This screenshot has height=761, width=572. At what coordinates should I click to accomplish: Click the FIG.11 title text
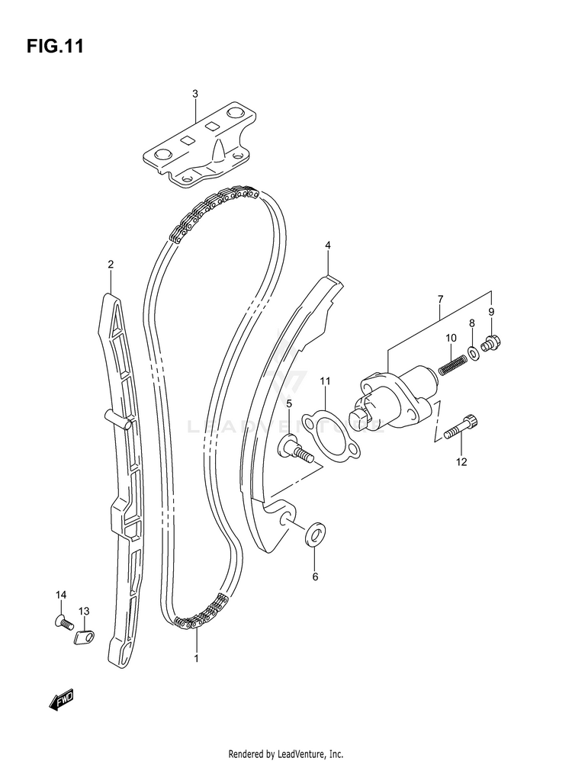[55, 47]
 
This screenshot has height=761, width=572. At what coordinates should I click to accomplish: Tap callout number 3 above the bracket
[194, 94]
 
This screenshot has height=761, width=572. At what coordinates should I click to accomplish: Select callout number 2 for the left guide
[111, 265]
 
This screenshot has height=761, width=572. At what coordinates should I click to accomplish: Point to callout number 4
[327, 246]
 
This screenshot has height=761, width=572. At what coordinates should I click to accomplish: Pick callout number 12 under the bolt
[461, 461]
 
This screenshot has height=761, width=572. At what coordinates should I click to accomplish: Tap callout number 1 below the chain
[196, 657]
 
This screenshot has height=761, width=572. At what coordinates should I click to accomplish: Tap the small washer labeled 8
[473, 352]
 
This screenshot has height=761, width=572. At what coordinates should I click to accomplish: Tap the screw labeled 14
[63, 621]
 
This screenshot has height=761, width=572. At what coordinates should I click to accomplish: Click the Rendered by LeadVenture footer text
[285, 753]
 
